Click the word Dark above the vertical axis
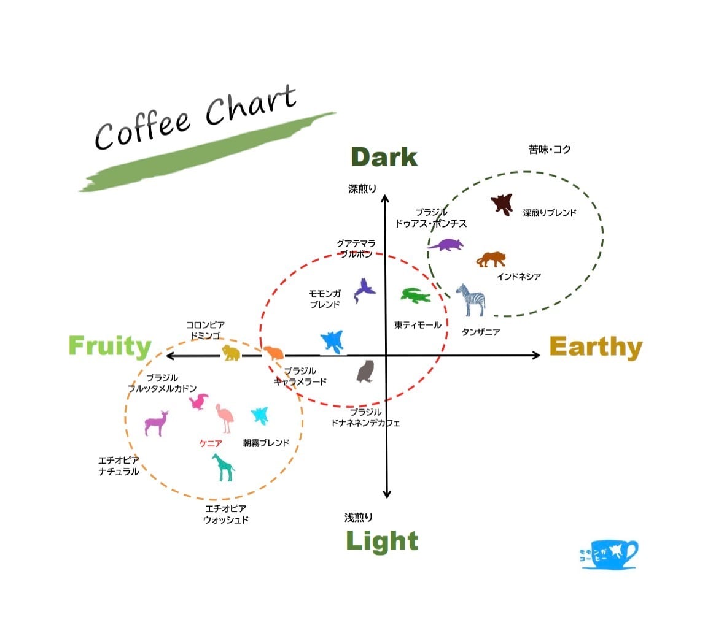[384, 158]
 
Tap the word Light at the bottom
[382, 541]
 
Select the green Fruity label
[110, 347]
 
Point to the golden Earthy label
[595, 348]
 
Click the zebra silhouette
[472, 299]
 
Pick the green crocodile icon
[416, 296]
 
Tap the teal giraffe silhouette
[223, 467]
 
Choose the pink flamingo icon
[225, 418]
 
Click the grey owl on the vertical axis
[365, 371]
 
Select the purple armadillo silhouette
[446, 244]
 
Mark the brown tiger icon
[491, 259]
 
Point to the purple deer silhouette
[156, 423]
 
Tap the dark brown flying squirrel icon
[502, 204]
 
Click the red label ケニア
[211, 443]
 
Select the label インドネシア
[519, 277]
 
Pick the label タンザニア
[480, 332]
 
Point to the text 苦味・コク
[550, 149]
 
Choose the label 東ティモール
[418, 325]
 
